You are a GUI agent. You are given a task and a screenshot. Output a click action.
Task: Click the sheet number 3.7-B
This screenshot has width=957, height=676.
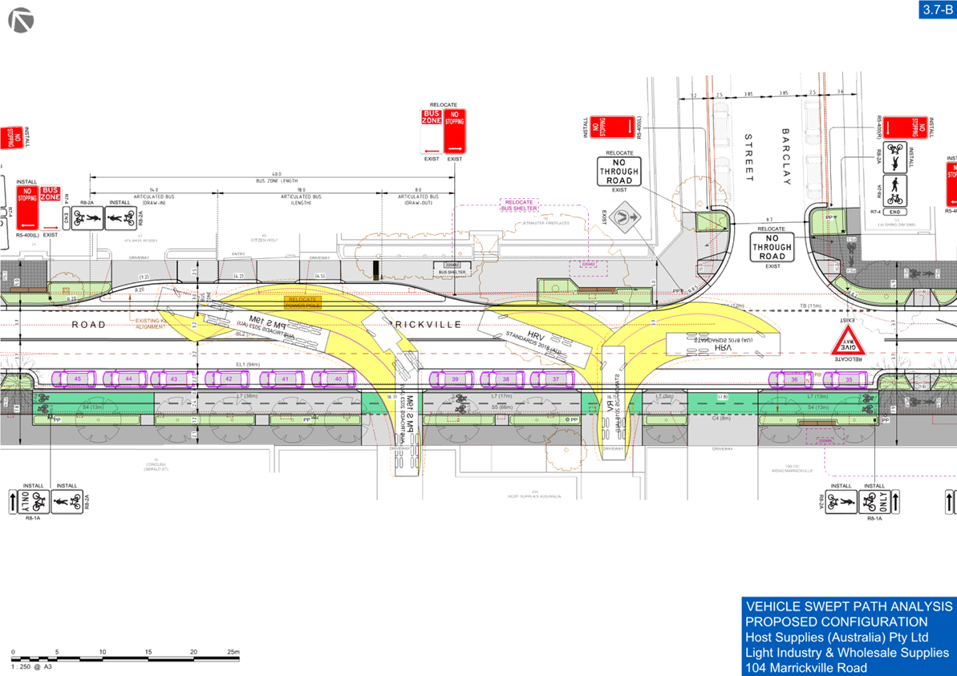coord(935,9)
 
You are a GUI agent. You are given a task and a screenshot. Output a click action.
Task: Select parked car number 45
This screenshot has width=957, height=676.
coord(77,378)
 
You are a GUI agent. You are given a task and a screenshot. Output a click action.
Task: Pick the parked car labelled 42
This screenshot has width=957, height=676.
coord(229,378)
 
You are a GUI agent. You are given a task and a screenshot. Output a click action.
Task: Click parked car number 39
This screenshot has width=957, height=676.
coord(455,378)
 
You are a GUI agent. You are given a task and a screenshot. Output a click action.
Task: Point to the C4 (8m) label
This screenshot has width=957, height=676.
coord(720,419)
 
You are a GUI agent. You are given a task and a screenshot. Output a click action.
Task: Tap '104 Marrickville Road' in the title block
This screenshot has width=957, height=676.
coord(805,668)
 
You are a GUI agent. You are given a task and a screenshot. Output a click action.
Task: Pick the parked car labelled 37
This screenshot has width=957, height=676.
coord(556,378)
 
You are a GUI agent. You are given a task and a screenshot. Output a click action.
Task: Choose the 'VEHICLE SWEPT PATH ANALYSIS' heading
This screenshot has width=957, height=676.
coord(848,606)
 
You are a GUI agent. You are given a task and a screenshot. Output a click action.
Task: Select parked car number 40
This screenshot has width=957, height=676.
coord(339,378)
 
